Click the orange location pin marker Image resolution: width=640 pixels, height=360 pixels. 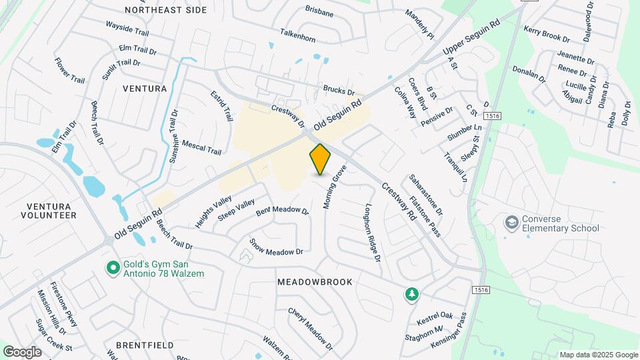[x=321, y=159]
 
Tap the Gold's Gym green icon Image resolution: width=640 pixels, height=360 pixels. [x=113, y=268]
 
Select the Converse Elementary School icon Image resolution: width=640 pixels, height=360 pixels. [x=512, y=222]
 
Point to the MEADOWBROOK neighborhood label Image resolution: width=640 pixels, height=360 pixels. [x=315, y=282]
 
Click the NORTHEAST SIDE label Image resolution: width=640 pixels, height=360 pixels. [x=165, y=10]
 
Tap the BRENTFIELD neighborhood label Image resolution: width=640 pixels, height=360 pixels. [x=145, y=345]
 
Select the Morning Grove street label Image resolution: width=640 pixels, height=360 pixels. [x=331, y=188]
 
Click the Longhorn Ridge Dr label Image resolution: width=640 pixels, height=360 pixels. [x=372, y=231]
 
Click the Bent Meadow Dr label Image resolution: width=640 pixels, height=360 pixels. [x=283, y=211]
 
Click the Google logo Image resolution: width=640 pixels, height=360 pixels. [x=22, y=351]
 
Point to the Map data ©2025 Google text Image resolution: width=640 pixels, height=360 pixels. [x=599, y=355]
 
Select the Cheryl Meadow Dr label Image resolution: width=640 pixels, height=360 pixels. [x=310, y=329]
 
